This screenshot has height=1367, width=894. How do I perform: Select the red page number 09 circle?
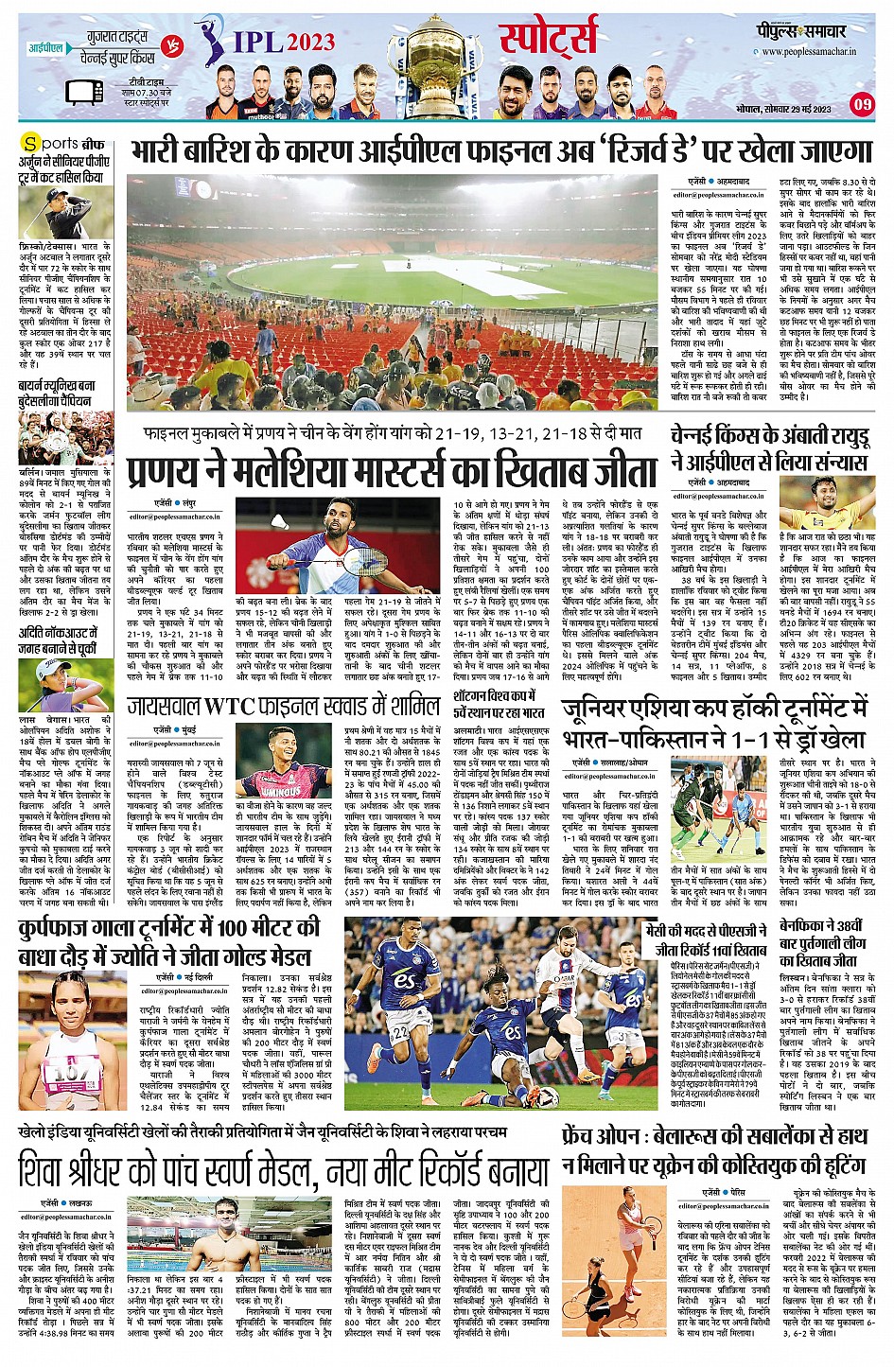862,104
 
